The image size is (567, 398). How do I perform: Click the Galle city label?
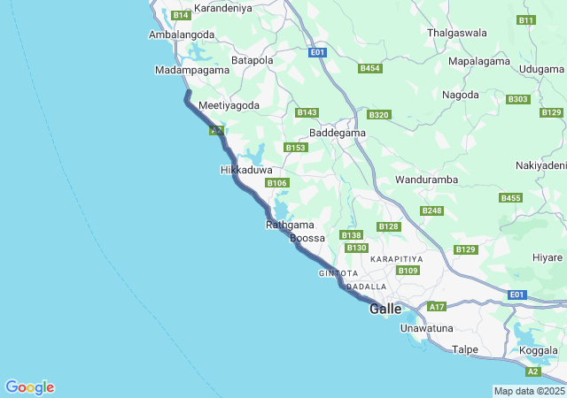tap(385, 309)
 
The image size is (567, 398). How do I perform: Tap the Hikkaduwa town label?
tap(245, 169)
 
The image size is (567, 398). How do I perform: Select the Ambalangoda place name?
tap(182, 34)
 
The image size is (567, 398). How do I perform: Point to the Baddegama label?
tap(337, 133)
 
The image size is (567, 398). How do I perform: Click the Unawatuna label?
tap(427, 328)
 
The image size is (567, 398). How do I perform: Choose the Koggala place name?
tap(539, 350)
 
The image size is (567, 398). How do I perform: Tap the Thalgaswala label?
tap(457, 33)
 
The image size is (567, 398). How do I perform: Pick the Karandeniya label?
tap(223, 8)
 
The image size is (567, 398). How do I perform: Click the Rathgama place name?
tap(290, 225)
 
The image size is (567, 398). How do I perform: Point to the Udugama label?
tap(542, 68)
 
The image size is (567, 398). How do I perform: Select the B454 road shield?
tap(370, 68)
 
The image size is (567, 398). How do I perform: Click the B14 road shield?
tap(181, 15)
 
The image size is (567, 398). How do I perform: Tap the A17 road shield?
tap(436, 306)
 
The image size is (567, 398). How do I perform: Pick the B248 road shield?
tap(432, 210)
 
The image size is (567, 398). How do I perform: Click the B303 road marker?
tap(518, 99)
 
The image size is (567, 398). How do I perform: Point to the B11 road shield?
tap(526, 19)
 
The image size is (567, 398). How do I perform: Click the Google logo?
tap(29, 387)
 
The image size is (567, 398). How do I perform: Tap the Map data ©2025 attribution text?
tap(529, 391)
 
